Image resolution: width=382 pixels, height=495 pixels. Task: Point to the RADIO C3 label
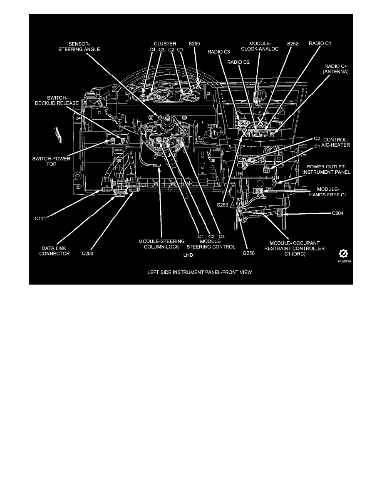(x=219, y=52)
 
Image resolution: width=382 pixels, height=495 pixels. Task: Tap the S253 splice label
(x=223, y=204)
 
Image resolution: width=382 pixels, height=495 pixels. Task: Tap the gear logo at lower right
(x=343, y=254)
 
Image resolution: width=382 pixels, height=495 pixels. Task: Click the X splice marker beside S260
(x=199, y=84)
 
